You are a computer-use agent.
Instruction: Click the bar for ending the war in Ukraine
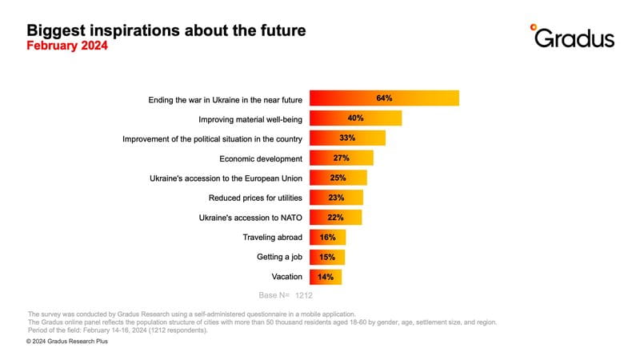click(x=384, y=98)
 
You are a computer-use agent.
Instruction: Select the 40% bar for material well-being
click(x=355, y=118)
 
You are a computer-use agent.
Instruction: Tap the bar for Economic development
click(x=342, y=158)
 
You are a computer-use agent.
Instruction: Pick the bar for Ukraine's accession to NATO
click(x=335, y=218)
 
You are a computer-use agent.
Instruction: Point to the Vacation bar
click(x=326, y=277)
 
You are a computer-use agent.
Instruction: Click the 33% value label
click(x=347, y=138)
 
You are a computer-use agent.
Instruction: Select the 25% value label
click(x=338, y=178)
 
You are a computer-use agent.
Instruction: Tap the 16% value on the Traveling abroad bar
click(x=328, y=237)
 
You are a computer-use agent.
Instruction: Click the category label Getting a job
click(x=279, y=257)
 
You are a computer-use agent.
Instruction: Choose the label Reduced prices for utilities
click(x=255, y=198)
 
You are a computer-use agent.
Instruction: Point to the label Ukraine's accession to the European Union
click(x=226, y=178)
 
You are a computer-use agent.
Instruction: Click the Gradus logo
click(x=572, y=36)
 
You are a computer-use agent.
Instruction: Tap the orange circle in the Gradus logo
click(x=533, y=27)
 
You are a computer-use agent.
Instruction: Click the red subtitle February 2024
click(x=67, y=46)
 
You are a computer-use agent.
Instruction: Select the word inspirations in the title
click(x=133, y=30)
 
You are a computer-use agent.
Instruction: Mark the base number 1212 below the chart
click(x=304, y=295)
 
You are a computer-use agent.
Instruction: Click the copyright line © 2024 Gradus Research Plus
click(x=67, y=342)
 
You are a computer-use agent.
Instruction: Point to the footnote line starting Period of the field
click(x=118, y=330)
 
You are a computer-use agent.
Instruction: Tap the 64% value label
click(x=384, y=98)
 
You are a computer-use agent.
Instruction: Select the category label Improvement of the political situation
click(x=212, y=139)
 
